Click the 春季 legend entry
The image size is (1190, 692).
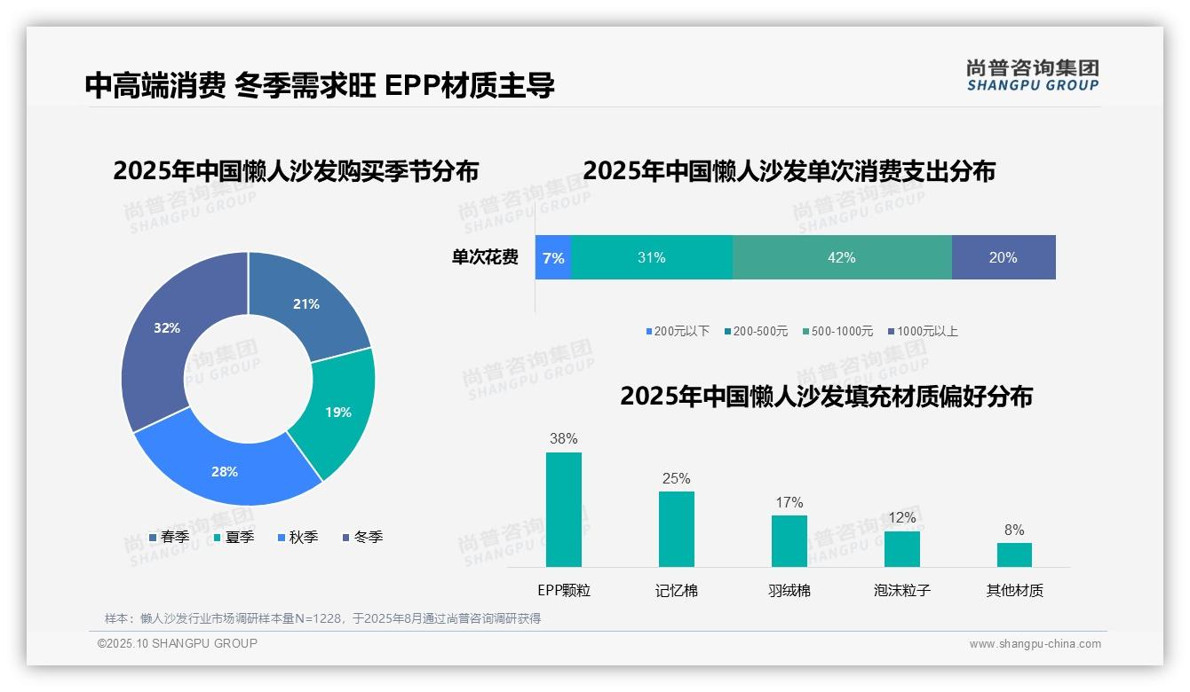[x=169, y=537]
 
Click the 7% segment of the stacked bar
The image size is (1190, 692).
[x=553, y=257]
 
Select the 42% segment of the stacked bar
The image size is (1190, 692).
[x=841, y=257]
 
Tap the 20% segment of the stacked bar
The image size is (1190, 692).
[x=1003, y=257]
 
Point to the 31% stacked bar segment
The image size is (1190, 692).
[x=651, y=257]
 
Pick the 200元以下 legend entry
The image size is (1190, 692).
[x=678, y=331]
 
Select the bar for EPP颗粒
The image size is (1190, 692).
[x=563, y=509]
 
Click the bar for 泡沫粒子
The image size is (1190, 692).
[x=901, y=548]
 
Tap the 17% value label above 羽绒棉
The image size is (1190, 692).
[x=789, y=502]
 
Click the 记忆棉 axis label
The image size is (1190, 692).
[x=676, y=590]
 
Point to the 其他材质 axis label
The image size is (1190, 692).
[x=1014, y=590]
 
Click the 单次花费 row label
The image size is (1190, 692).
[x=485, y=257]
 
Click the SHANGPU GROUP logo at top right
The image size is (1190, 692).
[x=1032, y=75]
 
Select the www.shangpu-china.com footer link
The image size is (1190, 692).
[x=1035, y=644]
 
